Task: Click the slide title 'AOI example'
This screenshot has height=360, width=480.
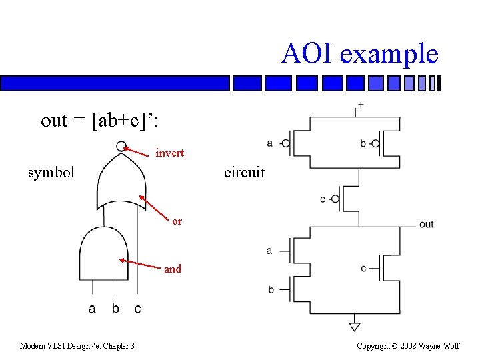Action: pos(359,53)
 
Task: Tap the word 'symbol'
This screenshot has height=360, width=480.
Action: pos(51,172)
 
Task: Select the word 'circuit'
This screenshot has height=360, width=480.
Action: pos(245,172)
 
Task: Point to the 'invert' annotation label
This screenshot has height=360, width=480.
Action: pos(169,153)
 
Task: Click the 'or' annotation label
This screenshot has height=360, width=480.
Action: pos(177,221)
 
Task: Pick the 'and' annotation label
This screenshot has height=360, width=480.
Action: pos(172,269)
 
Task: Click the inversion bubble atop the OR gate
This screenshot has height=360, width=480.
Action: pos(121,147)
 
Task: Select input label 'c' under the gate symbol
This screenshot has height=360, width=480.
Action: pos(137,309)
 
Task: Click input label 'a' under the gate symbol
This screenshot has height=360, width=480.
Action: pos(92,309)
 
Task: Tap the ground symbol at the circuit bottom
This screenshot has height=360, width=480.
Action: pos(355,326)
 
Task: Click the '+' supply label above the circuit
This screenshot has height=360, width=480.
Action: pos(361,105)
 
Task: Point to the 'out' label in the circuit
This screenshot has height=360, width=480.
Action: pos(426,224)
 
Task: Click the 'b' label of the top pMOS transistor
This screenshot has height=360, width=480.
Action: pos(363,143)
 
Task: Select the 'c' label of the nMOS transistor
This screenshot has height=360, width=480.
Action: pos(363,268)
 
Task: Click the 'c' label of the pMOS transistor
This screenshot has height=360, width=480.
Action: pos(323,199)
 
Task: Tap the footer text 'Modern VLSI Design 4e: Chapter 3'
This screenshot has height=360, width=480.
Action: pos(77,345)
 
